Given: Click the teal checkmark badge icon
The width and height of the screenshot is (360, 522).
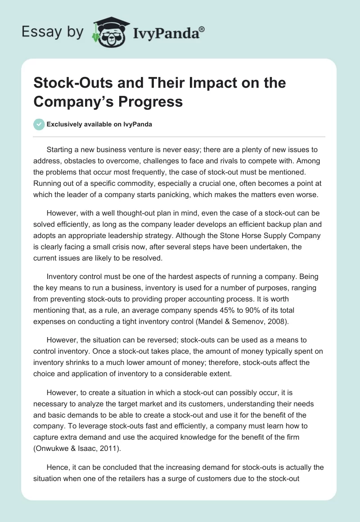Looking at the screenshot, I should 39,124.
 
